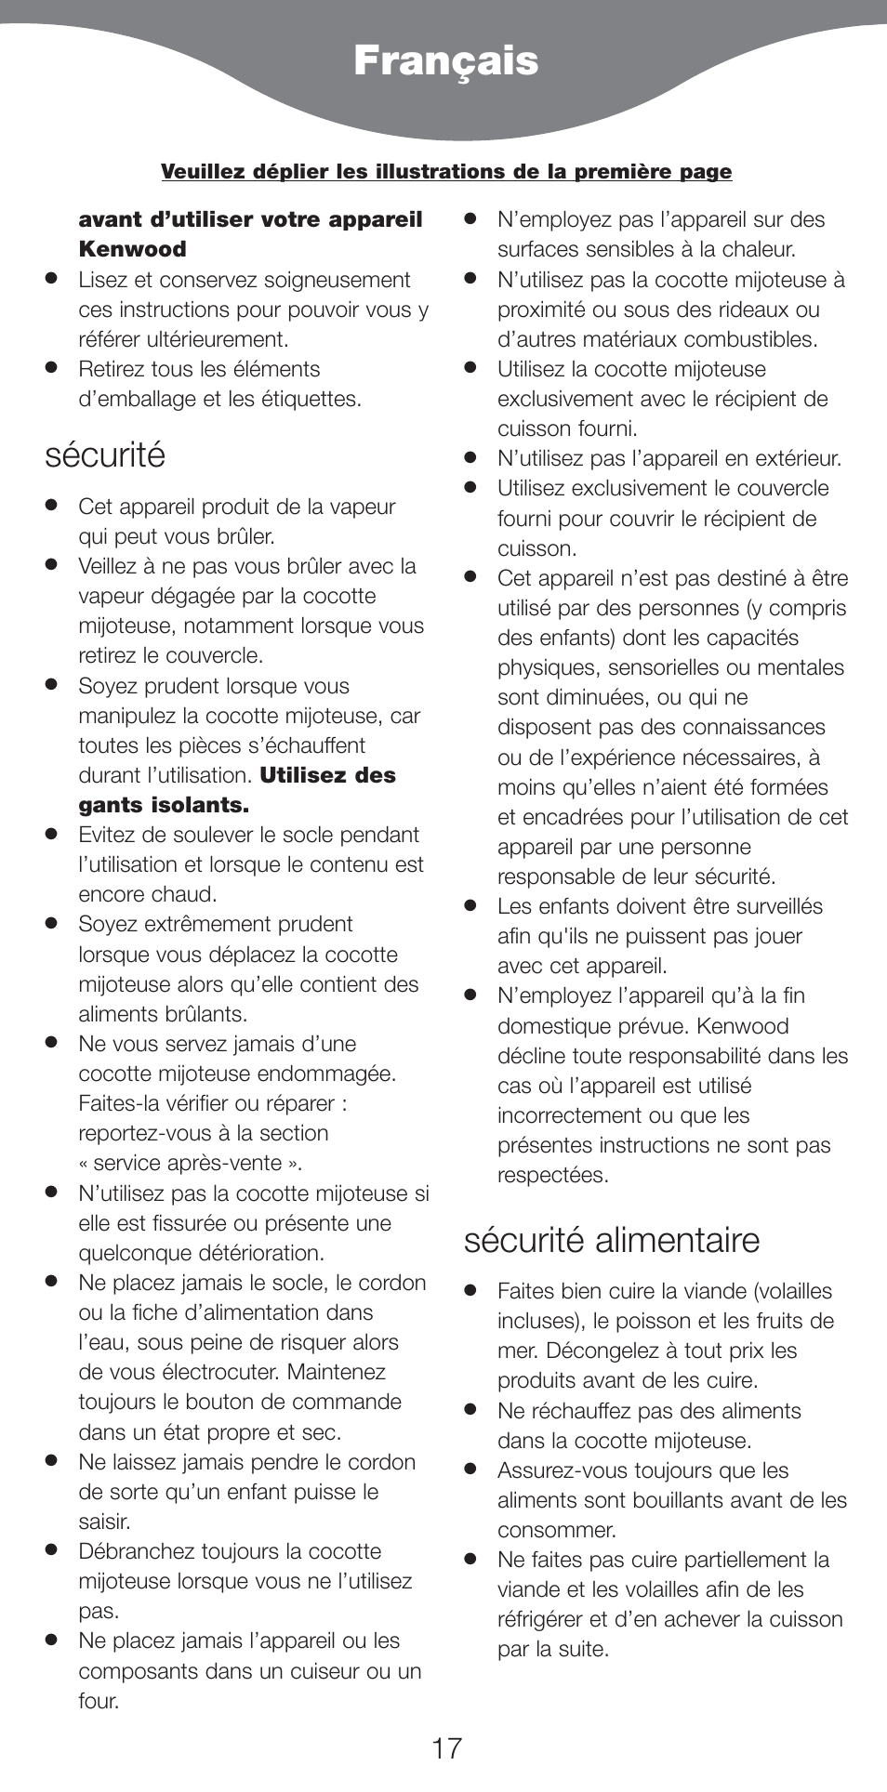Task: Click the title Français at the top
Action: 445,61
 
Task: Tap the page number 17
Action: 446,1748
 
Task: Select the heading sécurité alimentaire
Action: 612,1240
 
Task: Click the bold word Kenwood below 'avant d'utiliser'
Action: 132,249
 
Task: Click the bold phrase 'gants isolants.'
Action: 164,805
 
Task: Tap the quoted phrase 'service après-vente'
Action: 190,1164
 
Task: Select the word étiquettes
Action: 307,399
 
